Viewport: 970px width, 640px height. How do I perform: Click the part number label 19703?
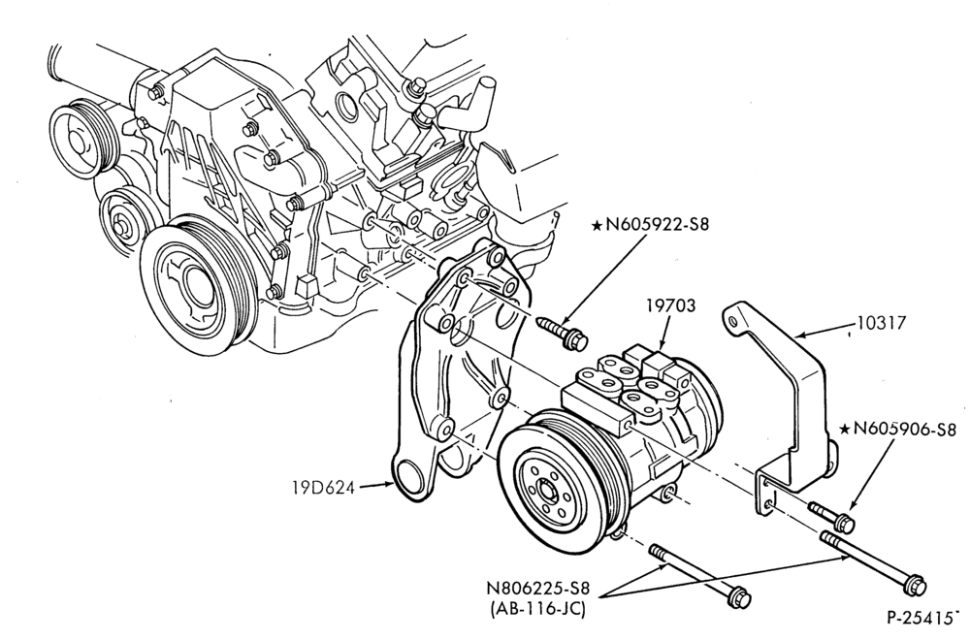(670, 305)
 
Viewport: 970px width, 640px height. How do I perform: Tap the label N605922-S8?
(658, 224)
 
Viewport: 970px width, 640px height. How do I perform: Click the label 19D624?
(324, 488)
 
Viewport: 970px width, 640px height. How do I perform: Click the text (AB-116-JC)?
(537, 609)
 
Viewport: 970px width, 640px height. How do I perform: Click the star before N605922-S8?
(597, 225)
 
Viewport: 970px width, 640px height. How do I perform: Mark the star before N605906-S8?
(845, 430)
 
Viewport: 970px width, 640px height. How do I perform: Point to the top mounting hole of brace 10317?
(733, 321)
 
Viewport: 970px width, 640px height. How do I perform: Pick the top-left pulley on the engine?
(81, 144)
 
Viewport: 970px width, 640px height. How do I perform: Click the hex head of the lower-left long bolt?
(740, 598)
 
